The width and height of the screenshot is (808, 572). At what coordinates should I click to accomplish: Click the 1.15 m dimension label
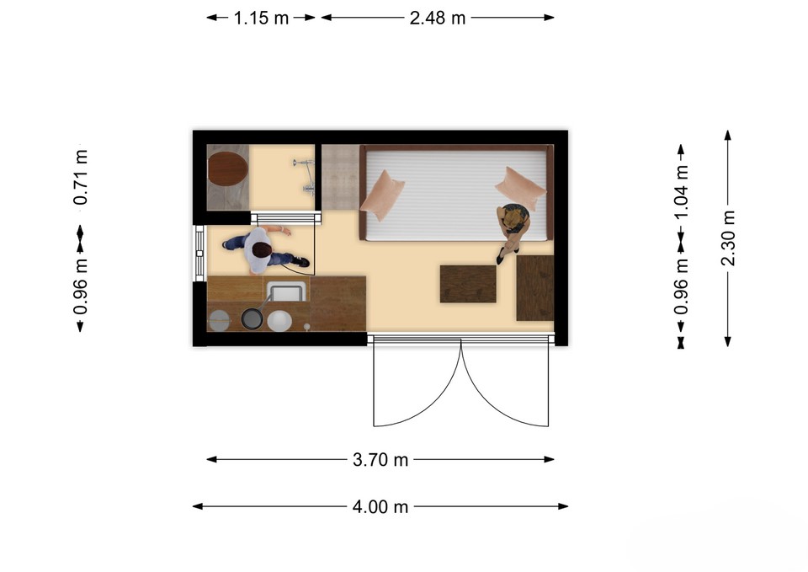pos(261,18)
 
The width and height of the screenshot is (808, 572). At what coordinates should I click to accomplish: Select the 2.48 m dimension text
pos(438,18)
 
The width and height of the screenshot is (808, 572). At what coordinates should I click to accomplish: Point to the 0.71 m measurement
pos(81,177)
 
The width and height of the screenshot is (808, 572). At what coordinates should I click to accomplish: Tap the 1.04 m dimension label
pos(681,191)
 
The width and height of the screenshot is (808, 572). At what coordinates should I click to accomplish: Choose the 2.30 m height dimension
pos(727,238)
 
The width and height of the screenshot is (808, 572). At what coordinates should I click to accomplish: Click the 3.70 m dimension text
pos(380,460)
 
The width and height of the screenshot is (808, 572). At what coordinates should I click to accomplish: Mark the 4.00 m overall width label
pos(380,506)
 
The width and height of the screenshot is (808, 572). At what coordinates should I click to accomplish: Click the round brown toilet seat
pos(227,168)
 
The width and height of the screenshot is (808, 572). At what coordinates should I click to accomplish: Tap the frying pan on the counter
pos(252,318)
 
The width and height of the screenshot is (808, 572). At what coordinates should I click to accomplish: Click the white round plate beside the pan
pos(279,321)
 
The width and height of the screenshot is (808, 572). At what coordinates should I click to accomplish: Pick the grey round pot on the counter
pos(220,320)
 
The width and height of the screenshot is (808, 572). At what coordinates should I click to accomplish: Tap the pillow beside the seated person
pos(521,189)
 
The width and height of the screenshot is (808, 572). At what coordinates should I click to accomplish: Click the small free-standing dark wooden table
pos(468,284)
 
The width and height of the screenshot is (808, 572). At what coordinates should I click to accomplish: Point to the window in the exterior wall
pos(200,253)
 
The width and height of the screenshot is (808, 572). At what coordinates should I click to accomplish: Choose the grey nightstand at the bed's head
pos(340,177)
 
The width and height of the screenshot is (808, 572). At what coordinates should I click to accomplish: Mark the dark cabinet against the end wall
pos(535,287)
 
